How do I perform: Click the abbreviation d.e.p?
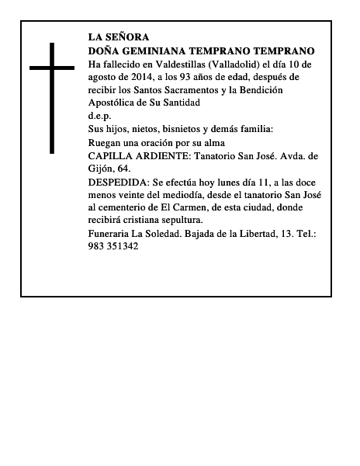pos(100,116)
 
